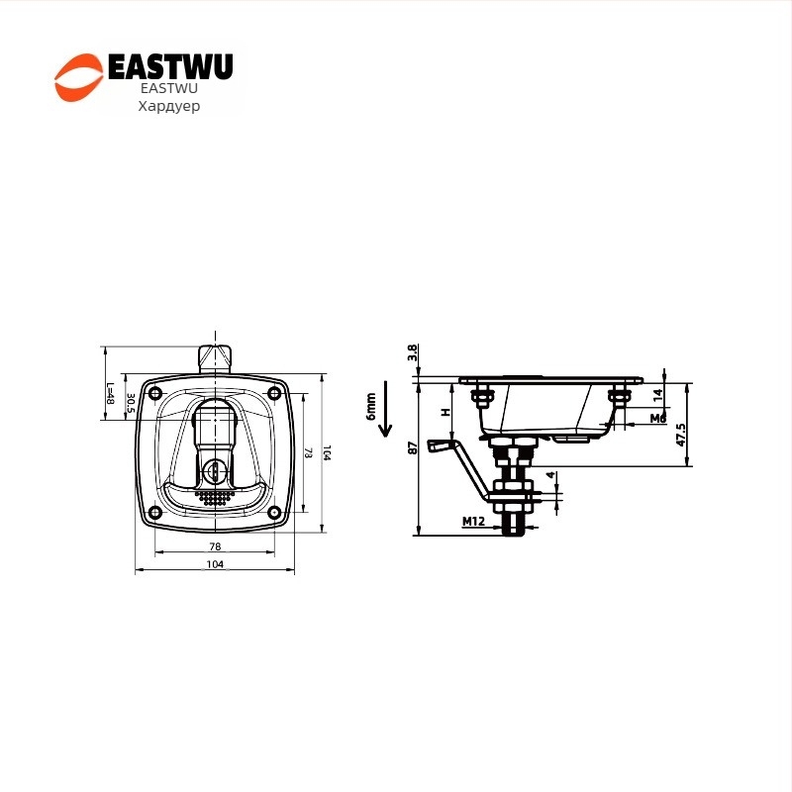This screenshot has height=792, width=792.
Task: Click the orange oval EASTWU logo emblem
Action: click(77, 78)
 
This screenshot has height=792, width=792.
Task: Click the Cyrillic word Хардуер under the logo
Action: click(168, 106)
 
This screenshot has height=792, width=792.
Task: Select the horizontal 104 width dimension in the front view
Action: click(215, 564)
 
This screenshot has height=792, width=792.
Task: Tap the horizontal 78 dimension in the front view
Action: click(215, 547)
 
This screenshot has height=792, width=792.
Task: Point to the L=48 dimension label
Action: click(111, 397)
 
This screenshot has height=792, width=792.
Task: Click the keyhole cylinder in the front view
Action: click(215, 470)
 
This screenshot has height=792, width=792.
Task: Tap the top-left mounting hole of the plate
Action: click(154, 393)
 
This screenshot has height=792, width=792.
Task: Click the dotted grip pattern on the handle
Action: click(215, 497)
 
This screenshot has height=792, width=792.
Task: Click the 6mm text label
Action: click(370, 406)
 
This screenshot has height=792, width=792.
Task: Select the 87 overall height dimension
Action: click(412, 447)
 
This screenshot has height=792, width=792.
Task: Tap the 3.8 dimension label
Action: click(412, 353)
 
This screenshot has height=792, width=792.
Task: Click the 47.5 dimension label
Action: click(681, 434)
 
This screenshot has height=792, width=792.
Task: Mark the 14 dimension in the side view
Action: click(657, 393)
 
